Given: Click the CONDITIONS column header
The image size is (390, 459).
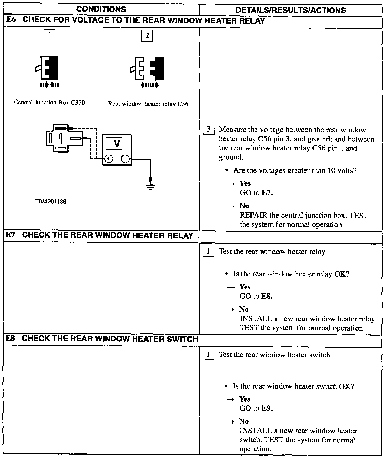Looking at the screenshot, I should (101, 9).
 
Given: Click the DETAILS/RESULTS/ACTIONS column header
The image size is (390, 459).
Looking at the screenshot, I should (290, 10).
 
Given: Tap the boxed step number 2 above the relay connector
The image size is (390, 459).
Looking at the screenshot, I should (147, 36).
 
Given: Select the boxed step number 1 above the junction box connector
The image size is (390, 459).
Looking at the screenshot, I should (50, 35).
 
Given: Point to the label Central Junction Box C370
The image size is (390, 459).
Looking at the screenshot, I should (49, 102).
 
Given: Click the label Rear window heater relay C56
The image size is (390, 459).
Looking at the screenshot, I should (148, 104).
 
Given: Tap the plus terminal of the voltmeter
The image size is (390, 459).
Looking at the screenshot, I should (109, 159).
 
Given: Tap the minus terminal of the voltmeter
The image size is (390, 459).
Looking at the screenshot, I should (125, 159).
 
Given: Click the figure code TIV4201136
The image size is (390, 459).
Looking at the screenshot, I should (51, 202).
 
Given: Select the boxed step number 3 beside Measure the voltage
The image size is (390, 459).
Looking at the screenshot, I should (208, 129).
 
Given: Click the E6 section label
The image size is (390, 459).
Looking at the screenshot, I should (11, 20).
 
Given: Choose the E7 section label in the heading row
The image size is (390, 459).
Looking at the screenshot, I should (11, 235).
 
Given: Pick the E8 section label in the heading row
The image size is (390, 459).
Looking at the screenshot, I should (11, 338).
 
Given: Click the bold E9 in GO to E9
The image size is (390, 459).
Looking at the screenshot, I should (267, 408).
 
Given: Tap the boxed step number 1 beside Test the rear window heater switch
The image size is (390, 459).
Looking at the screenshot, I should (208, 354).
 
